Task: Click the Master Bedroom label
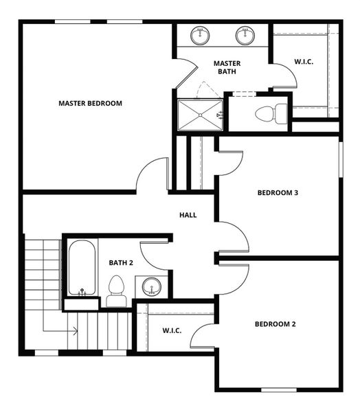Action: click(90, 104)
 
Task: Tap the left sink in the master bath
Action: click(201, 36)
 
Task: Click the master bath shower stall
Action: click(200, 113)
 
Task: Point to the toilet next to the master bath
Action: click(270, 114)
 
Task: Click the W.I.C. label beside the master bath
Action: click(304, 62)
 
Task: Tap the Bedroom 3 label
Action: click(278, 193)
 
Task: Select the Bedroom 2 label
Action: click(275, 324)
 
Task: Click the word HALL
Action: click(188, 215)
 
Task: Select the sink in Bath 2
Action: click(150, 286)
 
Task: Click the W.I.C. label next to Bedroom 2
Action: click(172, 331)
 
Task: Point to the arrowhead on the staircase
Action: click(74, 332)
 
